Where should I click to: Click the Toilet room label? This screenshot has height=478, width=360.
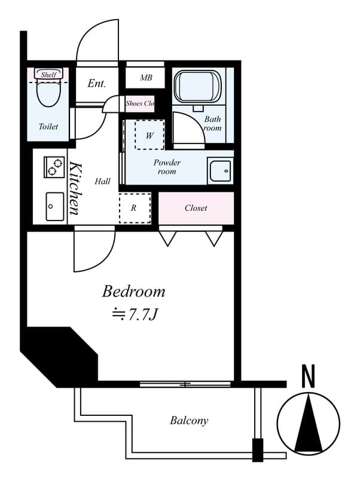click(x=48, y=127)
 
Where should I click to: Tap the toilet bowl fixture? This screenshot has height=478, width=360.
click(x=48, y=93)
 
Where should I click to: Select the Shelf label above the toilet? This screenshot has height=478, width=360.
click(x=48, y=75)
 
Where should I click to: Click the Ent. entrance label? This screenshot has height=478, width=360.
click(x=96, y=84)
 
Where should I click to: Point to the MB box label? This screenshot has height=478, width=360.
click(x=146, y=78)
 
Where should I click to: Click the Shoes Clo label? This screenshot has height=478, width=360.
click(x=140, y=103)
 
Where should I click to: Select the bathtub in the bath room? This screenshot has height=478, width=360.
click(x=198, y=87)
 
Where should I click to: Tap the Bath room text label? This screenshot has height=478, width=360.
click(x=213, y=124)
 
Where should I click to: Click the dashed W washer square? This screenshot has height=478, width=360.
click(x=150, y=135)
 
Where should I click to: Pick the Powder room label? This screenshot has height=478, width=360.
click(x=167, y=167)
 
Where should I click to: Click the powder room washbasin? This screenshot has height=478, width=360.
click(x=219, y=171)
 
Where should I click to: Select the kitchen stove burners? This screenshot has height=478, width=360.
click(x=54, y=167)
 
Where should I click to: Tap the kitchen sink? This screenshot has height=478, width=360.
click(x=54, y=206)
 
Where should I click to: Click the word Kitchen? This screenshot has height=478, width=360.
click(x=75, y=188)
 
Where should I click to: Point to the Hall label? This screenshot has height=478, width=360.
click(x=102, y=181)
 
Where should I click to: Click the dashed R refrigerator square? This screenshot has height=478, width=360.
click(x=135, y=209)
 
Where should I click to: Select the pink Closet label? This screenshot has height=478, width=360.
click(x=196, y=208)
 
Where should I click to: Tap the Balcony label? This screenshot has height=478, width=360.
click(x=189, y=421)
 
